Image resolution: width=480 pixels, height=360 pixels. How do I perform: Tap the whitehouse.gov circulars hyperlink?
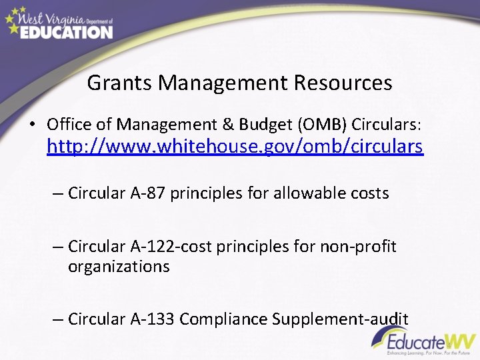[x=235, y=146]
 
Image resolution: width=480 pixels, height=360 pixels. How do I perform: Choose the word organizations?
[x=119, y=267]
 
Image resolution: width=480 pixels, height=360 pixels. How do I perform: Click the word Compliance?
[x=223, y=319]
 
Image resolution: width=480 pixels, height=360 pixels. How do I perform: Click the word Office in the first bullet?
[x=68, y=124]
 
